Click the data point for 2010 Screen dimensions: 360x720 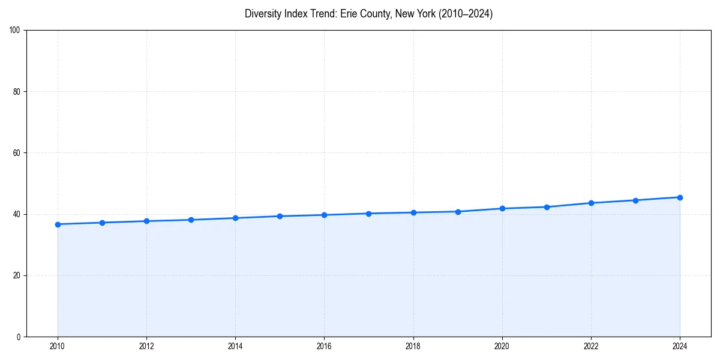(58, 224)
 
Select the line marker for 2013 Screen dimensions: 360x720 (191, 220)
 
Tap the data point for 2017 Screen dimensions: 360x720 (368, 214)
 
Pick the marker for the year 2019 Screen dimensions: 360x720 (458, 212)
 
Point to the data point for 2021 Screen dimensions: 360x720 (547, 207)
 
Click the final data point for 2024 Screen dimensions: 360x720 (680, 197)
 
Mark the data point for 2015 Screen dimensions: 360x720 (280, 216)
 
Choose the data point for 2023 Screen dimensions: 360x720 (635, 200)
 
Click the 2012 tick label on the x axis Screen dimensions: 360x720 (146, 346)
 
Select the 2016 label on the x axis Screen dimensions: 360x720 (324, 346)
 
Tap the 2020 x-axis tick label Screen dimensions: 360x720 (502, 346)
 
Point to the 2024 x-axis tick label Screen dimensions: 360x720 (680, 346)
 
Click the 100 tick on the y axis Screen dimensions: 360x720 (16, 31)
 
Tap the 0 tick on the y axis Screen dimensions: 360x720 (19, 337)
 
